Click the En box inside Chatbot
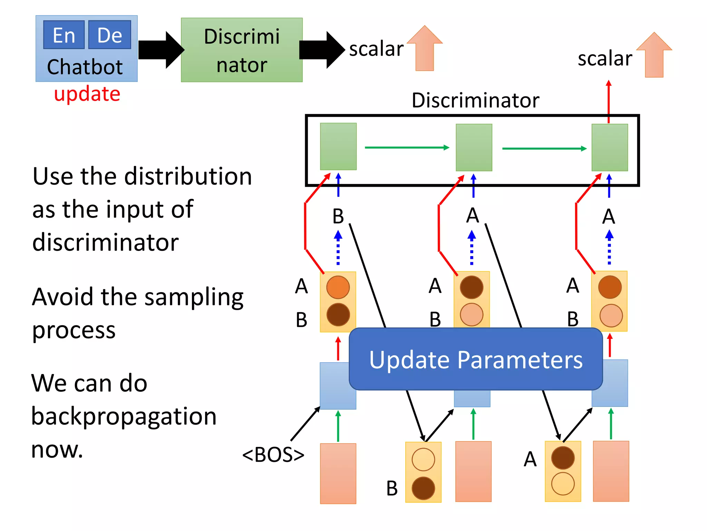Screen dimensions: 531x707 tap(64, 35)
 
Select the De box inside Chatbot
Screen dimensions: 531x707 tap(109, 35)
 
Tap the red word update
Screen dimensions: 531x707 tap(87, 94)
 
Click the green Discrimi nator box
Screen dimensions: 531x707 tap(242, 50)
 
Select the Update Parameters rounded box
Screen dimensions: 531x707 tap(476, 360)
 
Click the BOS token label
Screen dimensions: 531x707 tap(273, 455)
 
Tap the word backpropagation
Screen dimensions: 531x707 tap(124, 416)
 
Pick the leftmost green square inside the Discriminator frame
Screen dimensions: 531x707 tap(338, 147)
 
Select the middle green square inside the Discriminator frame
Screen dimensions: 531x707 tap(474, 148)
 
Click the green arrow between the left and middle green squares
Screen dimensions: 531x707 tap(407, 148)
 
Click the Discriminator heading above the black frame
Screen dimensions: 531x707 tap(475, 101)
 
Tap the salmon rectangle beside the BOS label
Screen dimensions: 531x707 tap(338, 473)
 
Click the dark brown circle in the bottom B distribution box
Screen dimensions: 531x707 tap(423, 488)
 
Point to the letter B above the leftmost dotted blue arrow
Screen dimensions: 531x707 tap(338, 216)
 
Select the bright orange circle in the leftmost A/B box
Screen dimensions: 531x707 tap(338, 287)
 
